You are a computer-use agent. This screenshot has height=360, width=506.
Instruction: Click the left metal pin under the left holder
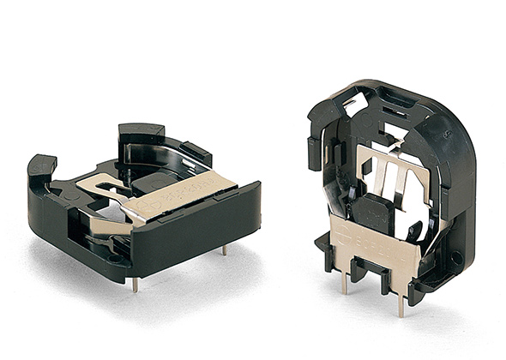tap(135, 284)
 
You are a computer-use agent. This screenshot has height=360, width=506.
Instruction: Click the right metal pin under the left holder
tap(225, 249)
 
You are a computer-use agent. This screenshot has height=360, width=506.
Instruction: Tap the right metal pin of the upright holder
tap(400, 300)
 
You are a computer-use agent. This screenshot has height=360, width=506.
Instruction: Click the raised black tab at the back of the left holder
tap(142, 134)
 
